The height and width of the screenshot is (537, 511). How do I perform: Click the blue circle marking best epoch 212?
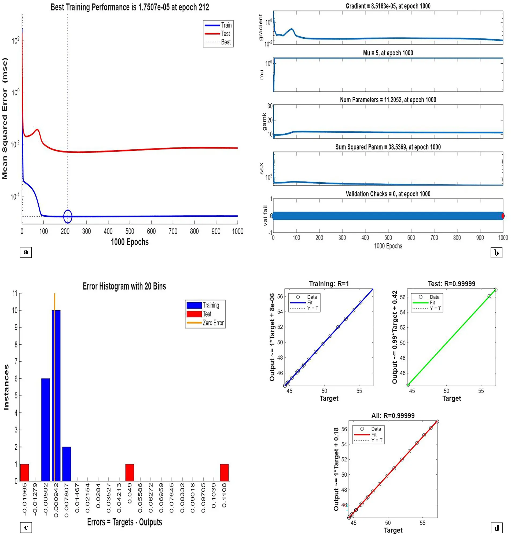tap(68, 216)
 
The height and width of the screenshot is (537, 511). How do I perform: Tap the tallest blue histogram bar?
tap(56, 395)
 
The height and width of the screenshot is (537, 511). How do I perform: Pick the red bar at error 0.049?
tap(130, 472)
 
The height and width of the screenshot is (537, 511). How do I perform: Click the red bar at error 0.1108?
tap(224, 472)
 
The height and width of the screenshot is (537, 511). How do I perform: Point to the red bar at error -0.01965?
tap(24, 472)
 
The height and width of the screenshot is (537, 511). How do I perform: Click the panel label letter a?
tap(26, 252)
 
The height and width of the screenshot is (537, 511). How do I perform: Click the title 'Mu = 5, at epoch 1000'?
tap(388, 53)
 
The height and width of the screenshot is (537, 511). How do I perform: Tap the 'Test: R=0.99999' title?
tap(451, 284)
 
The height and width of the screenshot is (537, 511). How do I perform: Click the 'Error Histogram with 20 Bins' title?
tap(124, 286)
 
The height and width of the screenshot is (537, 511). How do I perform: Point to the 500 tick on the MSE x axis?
tap(130, 231)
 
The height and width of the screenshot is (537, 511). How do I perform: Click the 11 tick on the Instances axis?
tap(15, 293)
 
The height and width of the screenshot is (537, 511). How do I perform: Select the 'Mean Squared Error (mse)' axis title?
tap(5, 119)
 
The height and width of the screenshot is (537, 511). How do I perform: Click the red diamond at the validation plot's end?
tap(503, 216)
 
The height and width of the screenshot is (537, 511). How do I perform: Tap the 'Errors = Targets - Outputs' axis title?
tap(124, 522)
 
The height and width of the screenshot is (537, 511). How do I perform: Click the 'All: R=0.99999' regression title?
tap(393, 416)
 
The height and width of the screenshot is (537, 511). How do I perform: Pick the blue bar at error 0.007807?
tap(67, 464)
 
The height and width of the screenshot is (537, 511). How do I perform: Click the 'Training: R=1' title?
tap(329, 284)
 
